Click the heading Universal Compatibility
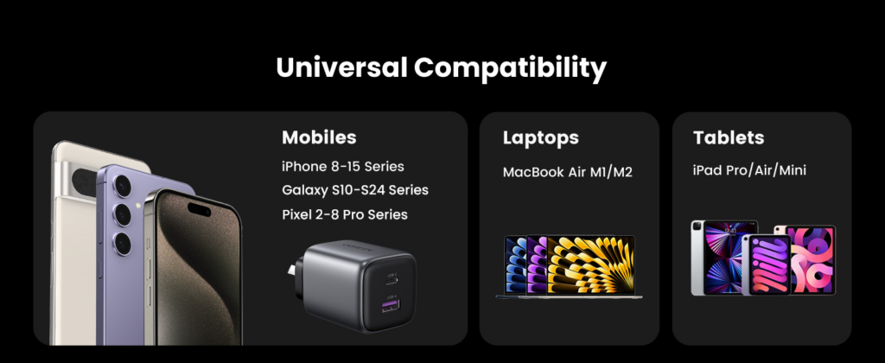click(x=442, y=68)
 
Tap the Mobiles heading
click(x=319, y=137)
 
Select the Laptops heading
click(x=541, y=137)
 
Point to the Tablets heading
click(x=728, y=137)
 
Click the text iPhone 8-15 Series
click(x=342, y=167)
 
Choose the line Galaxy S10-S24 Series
click(x=355, y=190)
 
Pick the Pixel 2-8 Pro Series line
click(x=344, y=214)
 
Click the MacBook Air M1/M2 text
click(x=567, y=172)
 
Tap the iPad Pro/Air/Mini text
click(x=749, y=170)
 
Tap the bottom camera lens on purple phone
click(x=122, y=243)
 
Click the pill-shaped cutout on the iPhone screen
click(x=199, y=208)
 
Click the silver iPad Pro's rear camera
click(x=697, y=227)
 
